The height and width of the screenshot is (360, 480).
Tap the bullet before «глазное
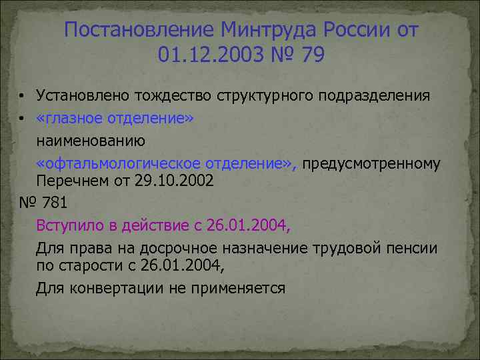[x=22, y=119]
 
